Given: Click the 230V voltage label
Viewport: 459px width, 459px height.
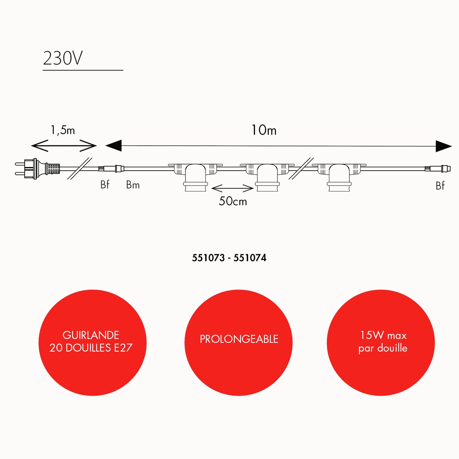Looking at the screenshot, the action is (x=63, y=58).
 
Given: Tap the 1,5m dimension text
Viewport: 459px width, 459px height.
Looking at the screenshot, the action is (x=63, y=130).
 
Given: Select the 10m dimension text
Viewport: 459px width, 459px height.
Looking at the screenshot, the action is (x=264, y=130).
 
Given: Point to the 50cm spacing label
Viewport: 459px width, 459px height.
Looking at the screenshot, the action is (x=233, y=201).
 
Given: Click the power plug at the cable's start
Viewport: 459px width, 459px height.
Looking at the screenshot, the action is (x=38, y=169).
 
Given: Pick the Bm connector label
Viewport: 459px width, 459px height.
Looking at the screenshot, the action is (x=133, y=185).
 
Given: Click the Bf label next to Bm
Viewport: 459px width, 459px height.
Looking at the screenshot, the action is (x=105, y=184).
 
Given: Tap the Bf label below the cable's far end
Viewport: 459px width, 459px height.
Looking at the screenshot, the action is (x=440, y=186).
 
